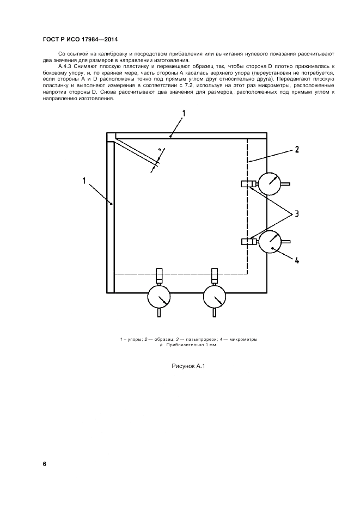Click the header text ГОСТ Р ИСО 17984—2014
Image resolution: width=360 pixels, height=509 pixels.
(80, 40)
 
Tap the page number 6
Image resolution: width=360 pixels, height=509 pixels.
(45, 464)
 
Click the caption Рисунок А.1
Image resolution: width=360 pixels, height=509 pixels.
(188, 366)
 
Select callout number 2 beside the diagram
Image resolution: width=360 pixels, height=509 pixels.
(296, 150)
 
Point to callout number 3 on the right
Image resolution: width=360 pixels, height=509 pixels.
(296, 214)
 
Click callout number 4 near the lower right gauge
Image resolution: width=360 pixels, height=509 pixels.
(296, 260)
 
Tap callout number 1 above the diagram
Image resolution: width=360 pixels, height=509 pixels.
(184, 113)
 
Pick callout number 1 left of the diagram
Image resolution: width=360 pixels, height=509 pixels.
(84, 181)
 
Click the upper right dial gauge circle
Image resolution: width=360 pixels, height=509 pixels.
(270, 184)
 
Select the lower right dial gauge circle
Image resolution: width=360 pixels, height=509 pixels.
(270, 242)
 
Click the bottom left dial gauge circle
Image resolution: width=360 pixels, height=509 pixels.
(159, 296)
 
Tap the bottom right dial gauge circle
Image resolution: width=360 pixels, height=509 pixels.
(215, 296)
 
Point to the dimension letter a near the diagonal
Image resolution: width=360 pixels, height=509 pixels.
(160, 149)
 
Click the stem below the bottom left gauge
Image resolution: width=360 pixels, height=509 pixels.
(159, 312)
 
